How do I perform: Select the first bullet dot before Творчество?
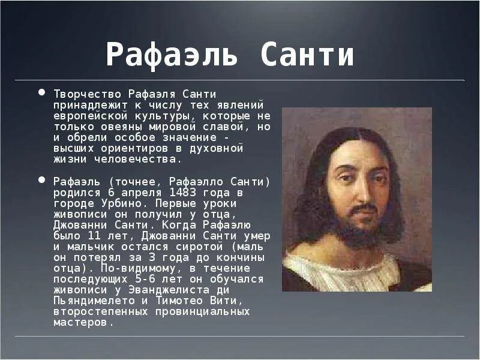pyautogui.click(x=41, y=93)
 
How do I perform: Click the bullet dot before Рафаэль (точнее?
pyautogui.click(x=41, y=179)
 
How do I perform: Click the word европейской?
pyautogui.click(x=87, y=116)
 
